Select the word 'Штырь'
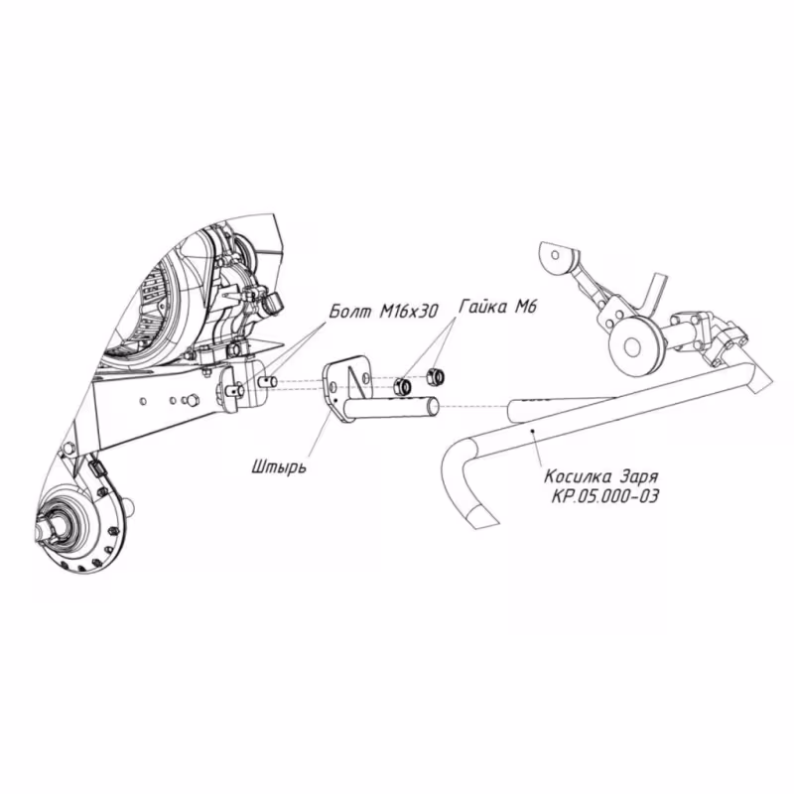[279, 463]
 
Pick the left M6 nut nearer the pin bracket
[403, 384]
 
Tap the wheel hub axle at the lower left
[58, 523]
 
